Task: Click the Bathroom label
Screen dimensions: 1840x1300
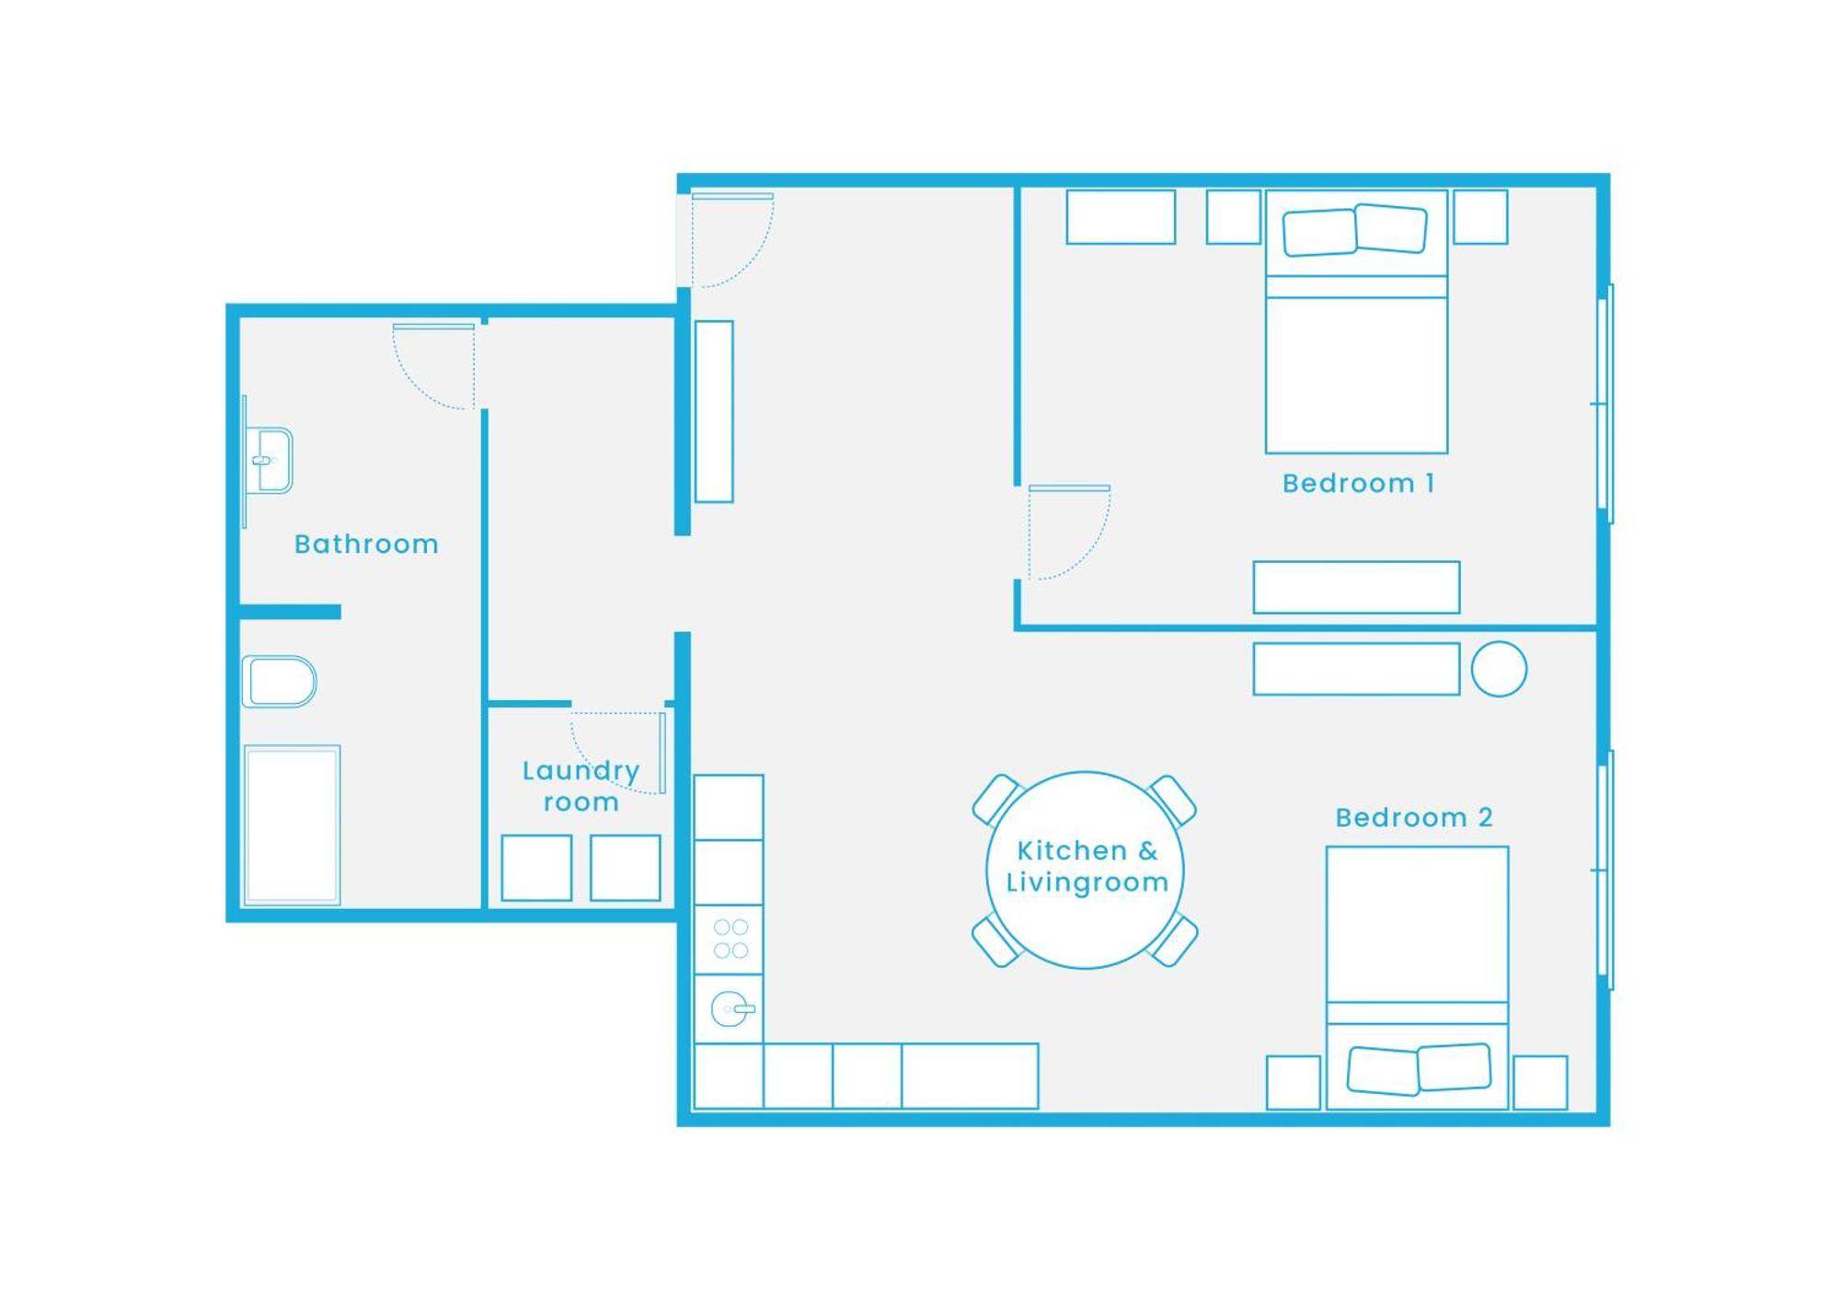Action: click(x=366, y=544)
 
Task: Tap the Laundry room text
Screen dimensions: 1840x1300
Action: click(x=581, y=786)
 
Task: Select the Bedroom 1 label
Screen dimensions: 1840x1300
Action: click(x=1358, y=483)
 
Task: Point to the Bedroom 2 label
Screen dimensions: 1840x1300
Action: click(x=1413, y=817)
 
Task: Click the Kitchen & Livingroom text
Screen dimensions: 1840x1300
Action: click(x=1087, y=866)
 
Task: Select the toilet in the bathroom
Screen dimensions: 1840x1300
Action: click(x=279, y=682)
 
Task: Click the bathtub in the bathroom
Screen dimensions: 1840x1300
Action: click(x=292, y=825)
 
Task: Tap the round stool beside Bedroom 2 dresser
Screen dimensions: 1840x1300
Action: click(x=1499, y=669)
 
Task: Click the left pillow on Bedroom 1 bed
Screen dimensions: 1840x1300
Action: click(x=1319, y=232)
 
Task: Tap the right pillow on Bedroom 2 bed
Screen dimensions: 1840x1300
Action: click(x=1454, y=1067)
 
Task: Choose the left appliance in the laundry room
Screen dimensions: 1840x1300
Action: click(x=536, y=868)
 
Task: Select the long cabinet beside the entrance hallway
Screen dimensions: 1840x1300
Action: click(x=714, y=411)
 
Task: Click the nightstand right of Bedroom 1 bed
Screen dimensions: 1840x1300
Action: click(x=1480, y=217)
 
